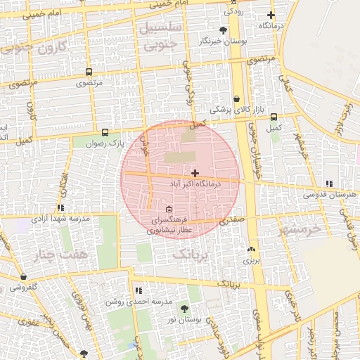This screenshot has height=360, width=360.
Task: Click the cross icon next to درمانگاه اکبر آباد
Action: [x=195, y=172]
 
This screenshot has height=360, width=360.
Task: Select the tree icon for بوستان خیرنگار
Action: [x=224, y=30]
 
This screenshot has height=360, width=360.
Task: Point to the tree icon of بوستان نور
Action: [x=184, y=309]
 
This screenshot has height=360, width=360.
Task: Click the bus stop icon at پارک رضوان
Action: [x=105, y=131]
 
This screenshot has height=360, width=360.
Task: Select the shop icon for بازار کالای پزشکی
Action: [x=236, y=99]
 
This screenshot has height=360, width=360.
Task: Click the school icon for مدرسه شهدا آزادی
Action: [x=61, y=207]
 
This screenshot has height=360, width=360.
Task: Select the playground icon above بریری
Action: [x=251, y=249]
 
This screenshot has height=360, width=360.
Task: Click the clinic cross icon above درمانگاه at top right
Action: [x=271, y=15]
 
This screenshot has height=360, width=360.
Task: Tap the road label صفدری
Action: [x=231, y=220]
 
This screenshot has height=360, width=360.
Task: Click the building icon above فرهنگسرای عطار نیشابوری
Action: [x=169, y=210]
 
